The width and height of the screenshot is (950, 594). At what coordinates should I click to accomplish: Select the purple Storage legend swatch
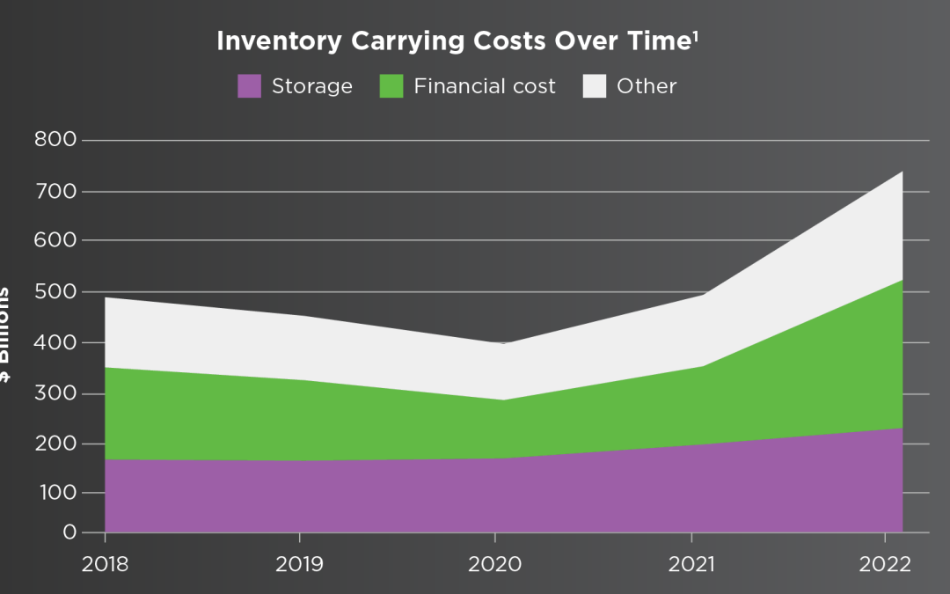(250, 86)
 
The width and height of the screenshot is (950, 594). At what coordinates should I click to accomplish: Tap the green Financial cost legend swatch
(391, 86)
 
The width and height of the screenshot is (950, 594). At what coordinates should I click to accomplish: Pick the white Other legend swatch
(595, 86)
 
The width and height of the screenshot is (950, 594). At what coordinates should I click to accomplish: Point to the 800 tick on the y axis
(55, 139)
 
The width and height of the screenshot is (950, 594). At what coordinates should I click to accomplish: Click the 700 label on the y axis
(55, 190)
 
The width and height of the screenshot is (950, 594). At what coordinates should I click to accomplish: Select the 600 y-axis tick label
(55, 240)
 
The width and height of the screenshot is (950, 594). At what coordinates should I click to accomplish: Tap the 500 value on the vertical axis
(55, 291)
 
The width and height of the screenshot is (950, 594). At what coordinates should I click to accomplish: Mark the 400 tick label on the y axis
(55, 341)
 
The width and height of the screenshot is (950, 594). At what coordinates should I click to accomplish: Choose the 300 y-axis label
(55, 392)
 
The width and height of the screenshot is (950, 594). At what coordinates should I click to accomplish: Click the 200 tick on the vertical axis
(55, 443)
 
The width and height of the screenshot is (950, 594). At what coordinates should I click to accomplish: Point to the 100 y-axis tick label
(55, 493)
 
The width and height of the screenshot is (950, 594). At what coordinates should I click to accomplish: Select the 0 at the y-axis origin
(69, 532)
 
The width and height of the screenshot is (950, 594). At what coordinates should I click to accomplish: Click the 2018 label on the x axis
(105, 564)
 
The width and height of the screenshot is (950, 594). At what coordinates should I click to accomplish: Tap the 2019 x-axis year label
(301, 564)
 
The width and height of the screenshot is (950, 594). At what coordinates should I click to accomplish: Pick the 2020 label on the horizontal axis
(495, 564)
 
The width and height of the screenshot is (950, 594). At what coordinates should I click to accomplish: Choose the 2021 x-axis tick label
(691, 564)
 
